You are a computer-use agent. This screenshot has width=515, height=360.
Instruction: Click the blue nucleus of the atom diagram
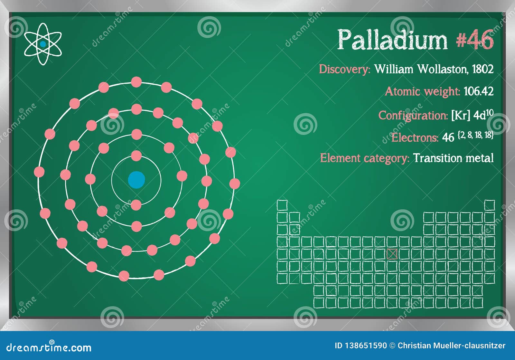tap(136, 180)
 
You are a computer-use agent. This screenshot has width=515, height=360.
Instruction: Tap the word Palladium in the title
tap(392, 40)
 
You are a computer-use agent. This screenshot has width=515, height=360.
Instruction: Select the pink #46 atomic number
tap(475, 40)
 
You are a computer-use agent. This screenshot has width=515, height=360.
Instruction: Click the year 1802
tap(482, 69)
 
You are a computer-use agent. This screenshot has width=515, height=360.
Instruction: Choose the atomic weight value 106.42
tap(478, 91)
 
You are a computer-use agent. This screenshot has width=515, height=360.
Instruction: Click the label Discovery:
tap(344, 69)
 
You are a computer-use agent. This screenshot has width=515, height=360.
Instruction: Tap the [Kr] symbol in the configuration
tap(461, 115)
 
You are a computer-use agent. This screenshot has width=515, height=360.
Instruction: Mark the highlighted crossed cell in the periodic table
tap(392, 254)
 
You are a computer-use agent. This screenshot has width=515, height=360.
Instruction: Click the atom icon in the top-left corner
tap(42, 44)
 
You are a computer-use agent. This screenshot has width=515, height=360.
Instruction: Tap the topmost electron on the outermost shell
tap(136, 82)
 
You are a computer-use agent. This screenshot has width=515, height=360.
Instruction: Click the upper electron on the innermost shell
tap(136, 156)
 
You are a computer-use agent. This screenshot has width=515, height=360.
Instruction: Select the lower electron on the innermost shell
tap(136, 205)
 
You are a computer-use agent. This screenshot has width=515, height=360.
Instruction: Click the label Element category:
tap(364, 158)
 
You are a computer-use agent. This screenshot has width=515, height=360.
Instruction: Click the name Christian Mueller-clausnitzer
tap(451, 346)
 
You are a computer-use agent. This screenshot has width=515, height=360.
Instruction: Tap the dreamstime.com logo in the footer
tap(49, 347)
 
